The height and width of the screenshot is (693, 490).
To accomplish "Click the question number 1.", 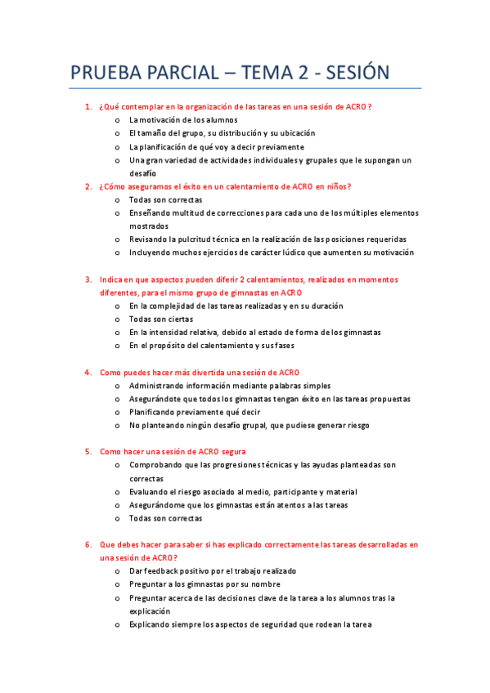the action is pos(88,107).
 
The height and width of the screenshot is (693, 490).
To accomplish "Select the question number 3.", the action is pos(88,279).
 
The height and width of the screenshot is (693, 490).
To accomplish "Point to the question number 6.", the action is pos(88,544).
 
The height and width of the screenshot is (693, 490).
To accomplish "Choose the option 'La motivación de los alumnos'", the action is pos(172,120).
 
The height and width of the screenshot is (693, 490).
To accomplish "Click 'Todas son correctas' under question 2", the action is pos(165,199).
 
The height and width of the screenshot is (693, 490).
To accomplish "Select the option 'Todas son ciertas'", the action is pos(161,319).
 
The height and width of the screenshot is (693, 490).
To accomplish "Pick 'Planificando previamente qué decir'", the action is pos(195,412).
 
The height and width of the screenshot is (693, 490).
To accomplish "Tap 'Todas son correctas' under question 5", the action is pos(165,518).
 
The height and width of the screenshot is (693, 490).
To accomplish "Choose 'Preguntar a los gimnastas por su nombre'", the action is pos(205,584).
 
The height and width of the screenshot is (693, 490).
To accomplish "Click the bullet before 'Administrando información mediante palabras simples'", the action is pos(119,386).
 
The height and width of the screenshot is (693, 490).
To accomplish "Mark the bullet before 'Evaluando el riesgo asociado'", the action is pos(119,492).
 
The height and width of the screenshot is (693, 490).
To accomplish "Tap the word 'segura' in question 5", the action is pos(234,452).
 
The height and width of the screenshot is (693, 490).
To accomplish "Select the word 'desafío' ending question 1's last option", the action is pos(142,173).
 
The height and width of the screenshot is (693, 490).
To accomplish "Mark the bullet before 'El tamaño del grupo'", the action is pos(119,133).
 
